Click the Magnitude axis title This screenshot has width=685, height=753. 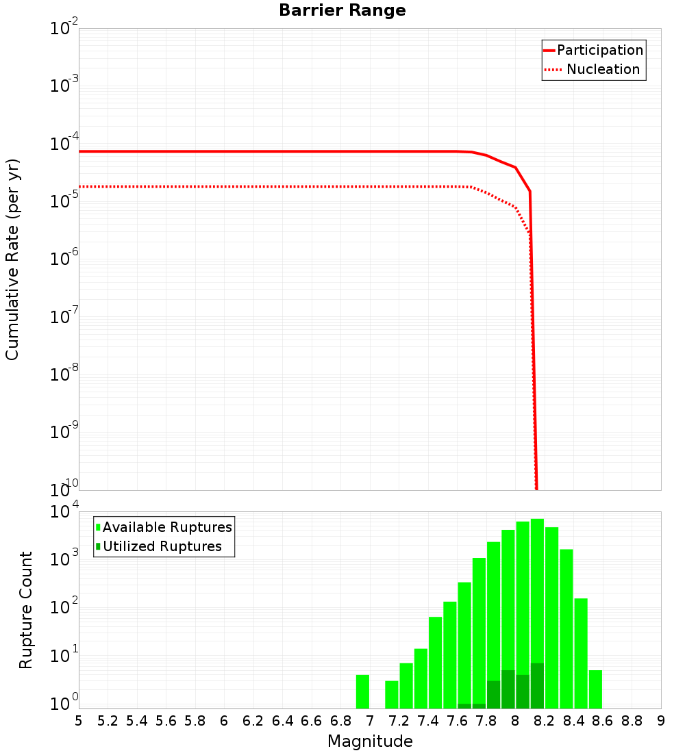(370, 741)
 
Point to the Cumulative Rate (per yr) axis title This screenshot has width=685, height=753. (12, 259)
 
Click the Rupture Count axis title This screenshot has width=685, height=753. (26, 610)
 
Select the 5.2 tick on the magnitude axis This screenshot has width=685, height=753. (108, 721)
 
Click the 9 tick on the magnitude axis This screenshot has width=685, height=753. (661, 721)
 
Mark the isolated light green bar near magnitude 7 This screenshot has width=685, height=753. (362, 691)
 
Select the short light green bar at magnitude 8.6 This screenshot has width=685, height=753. (595, 689)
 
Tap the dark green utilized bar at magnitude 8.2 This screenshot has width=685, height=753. (537, 686)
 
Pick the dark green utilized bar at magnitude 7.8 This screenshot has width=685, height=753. (493, 695)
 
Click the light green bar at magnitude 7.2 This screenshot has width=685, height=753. (406, 685)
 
